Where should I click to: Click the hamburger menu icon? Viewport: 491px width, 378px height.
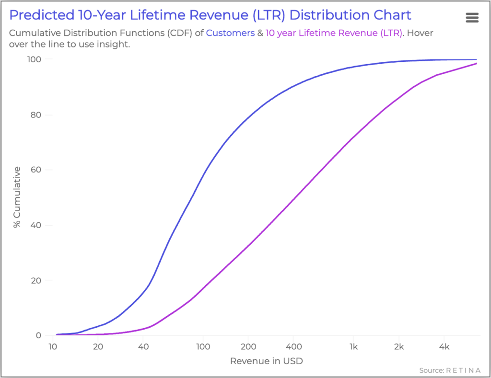pos(472,18)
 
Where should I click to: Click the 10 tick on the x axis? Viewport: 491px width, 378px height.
pos(53,346)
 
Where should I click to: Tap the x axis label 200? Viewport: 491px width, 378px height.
pos(247,346)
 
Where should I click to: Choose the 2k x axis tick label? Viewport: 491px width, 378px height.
pos(399,346)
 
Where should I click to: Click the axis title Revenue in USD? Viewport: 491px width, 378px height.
pos(267,361)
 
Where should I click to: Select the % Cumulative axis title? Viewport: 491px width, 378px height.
pos(17,197)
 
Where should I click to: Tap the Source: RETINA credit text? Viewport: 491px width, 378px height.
pos(450,370)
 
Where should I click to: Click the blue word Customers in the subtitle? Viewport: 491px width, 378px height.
pos(230,34)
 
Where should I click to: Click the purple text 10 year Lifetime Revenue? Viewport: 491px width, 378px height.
pos(333,34)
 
